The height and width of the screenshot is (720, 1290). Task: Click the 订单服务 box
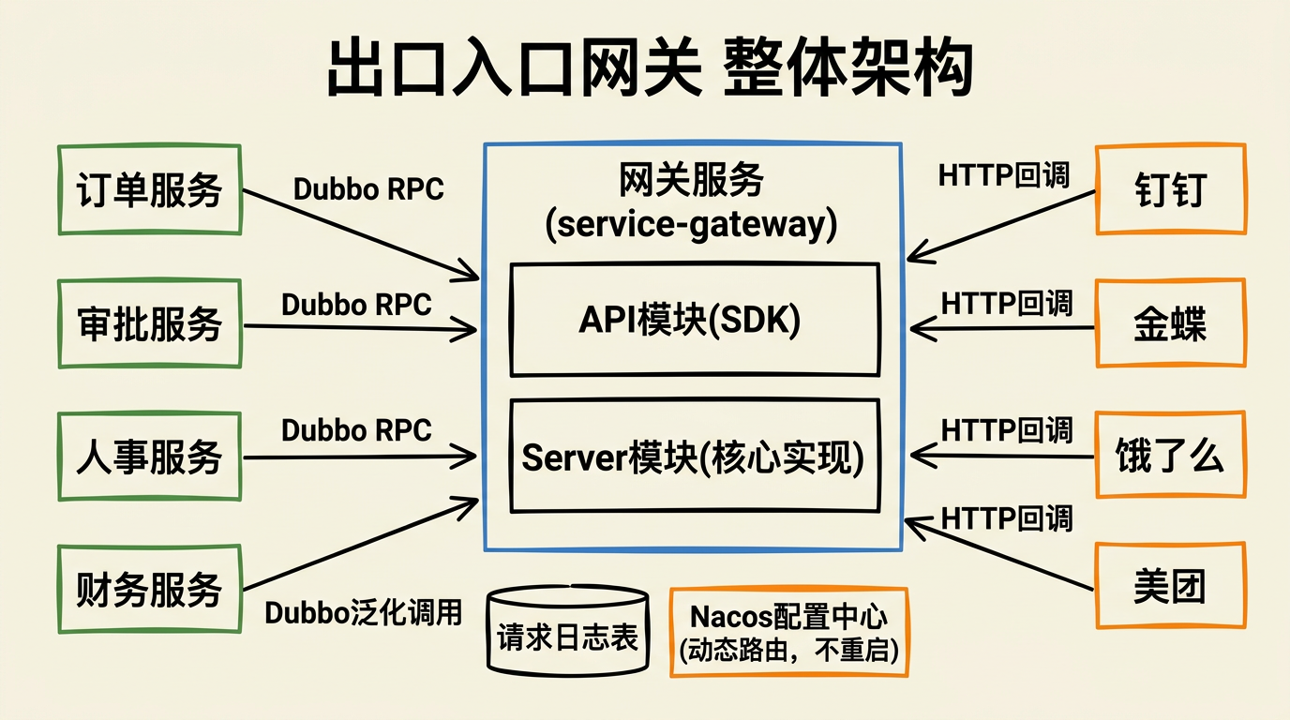point(150,189)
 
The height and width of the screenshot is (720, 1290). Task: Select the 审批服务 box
point(150,323)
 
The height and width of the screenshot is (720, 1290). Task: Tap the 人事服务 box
point(150,457)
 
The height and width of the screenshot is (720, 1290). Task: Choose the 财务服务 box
point(150,589)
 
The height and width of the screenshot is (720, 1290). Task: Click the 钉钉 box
point(1170,189)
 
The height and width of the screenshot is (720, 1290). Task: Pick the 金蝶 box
point(1170,323)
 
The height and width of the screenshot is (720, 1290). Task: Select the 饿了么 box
point(1170,457)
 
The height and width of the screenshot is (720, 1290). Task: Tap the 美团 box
point(1170,587)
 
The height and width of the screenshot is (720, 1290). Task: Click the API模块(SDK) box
point(695,320)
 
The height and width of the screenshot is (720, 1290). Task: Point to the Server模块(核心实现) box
point(695,457)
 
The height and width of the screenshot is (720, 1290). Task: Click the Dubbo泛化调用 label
point(364,613)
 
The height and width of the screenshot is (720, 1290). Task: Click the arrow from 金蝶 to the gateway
point(1003,327)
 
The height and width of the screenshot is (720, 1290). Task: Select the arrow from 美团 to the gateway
point(999,553)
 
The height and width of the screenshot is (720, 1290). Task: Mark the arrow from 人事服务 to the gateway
point(361,457)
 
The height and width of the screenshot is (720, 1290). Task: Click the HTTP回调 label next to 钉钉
point(1003,175)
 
